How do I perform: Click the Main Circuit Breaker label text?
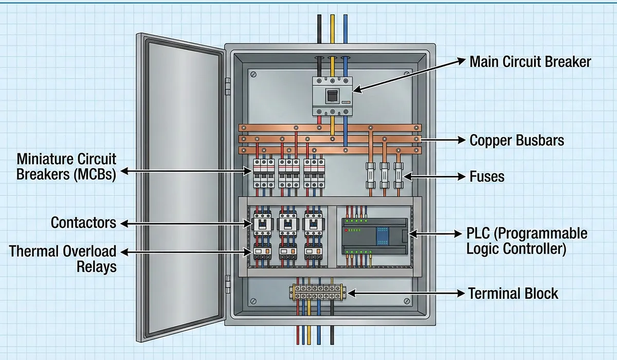[530, 62]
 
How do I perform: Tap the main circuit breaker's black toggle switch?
[332, 95]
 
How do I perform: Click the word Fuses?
[487, 177]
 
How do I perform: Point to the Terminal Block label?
[513, 294]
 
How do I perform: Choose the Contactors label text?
[83, 223]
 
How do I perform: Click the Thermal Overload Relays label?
[63, 259]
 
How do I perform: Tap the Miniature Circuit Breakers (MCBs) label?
[66, 166]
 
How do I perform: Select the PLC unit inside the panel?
[374, 236]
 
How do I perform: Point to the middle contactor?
[288, 224]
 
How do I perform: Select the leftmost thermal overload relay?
[263, 253]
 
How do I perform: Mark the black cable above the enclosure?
[319, 31]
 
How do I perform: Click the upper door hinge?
[228, 86]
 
